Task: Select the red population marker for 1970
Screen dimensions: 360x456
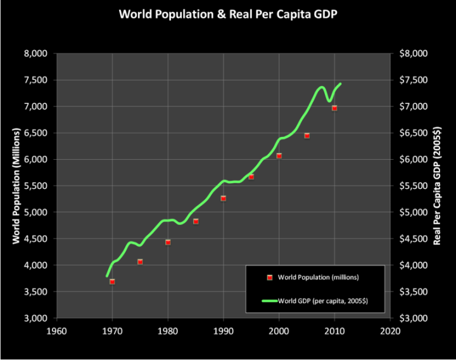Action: [112, 281]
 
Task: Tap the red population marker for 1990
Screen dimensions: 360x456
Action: [223, 198]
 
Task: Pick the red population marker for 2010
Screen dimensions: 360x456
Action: [334, 108]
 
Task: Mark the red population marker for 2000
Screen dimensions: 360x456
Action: [279, 155]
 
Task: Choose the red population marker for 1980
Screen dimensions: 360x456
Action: [168, 242]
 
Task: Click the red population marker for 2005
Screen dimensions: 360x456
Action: [307, 136]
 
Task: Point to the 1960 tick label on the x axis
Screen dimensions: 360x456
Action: [57, 331]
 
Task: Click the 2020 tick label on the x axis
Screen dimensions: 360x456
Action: [390, 331]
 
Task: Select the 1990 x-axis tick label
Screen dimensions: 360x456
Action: [224, 331]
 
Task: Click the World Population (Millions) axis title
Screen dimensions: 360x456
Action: [16, 185]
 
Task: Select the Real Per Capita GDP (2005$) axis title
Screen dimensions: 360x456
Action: [438, 185]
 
